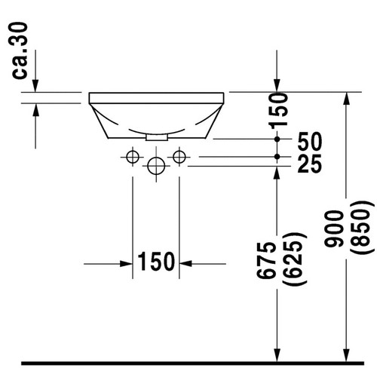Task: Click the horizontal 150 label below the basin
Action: pos(155,262)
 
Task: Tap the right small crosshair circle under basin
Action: pos(179,156)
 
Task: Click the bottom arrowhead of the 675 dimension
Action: pos(277,354)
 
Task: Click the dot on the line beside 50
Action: pos(277,140)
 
